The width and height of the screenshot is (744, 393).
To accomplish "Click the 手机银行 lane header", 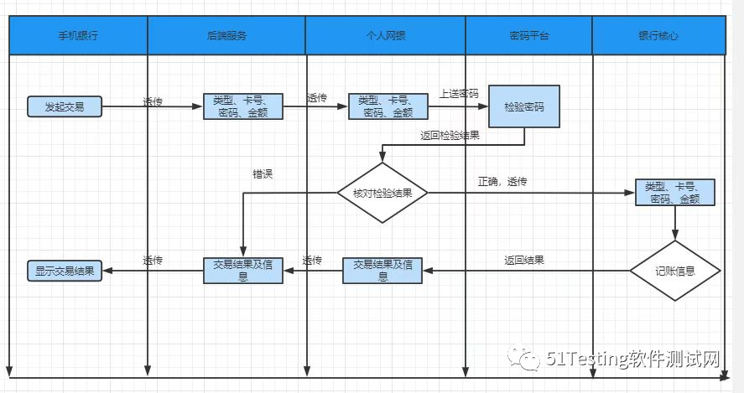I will click(78, 36).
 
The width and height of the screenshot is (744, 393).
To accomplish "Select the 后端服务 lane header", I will click(226, 36).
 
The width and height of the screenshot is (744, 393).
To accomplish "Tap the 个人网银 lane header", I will click(385, 36).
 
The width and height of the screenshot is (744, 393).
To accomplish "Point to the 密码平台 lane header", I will click(529, 36).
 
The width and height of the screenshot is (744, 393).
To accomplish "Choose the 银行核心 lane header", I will click(658, 36).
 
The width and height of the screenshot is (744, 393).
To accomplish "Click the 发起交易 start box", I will click(64, 106).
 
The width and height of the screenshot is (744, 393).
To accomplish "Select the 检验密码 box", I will click(524, 106).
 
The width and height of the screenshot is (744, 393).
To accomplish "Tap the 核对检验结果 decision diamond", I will click(382, 193).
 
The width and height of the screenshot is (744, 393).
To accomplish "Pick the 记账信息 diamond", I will click(675, 271).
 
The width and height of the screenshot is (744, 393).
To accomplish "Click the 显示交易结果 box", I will click(64, 271).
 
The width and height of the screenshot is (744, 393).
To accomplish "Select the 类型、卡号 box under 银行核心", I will click(674, 193).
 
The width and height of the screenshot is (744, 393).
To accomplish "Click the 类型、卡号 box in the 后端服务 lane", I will click(243, 106).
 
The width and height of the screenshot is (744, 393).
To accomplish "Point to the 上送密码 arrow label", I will click(459, 94).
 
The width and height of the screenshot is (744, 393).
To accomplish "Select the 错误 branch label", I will click(263, 174).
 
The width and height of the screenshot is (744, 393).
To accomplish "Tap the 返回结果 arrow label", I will click(524, 261).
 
